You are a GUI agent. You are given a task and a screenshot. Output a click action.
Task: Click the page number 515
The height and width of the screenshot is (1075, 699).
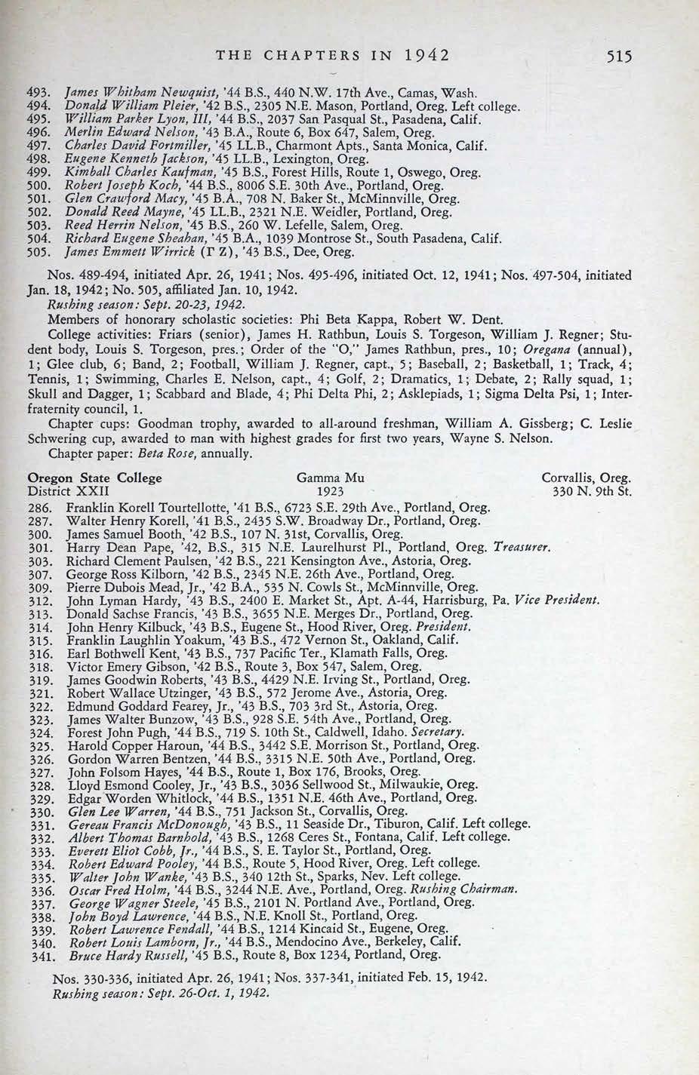click(x=617, y=56)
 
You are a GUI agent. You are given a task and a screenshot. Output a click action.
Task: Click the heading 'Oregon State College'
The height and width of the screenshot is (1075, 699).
click(x=94, y=478)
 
